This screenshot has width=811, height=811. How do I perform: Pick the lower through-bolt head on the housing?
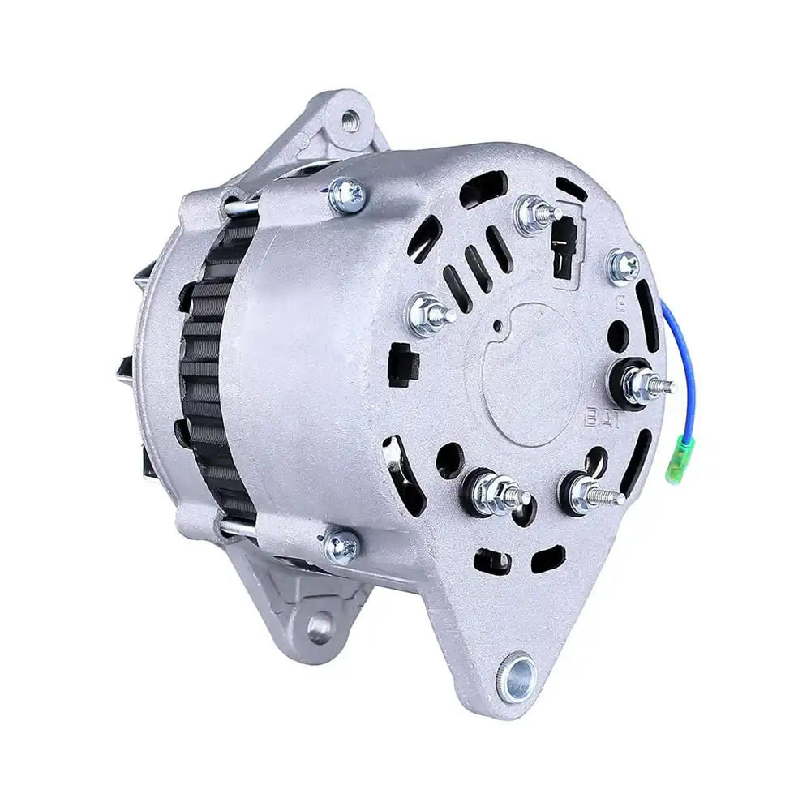click(341, 544)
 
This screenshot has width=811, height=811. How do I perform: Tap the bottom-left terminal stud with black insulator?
click(488, 489)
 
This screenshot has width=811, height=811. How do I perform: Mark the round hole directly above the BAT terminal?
click(618, 333)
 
